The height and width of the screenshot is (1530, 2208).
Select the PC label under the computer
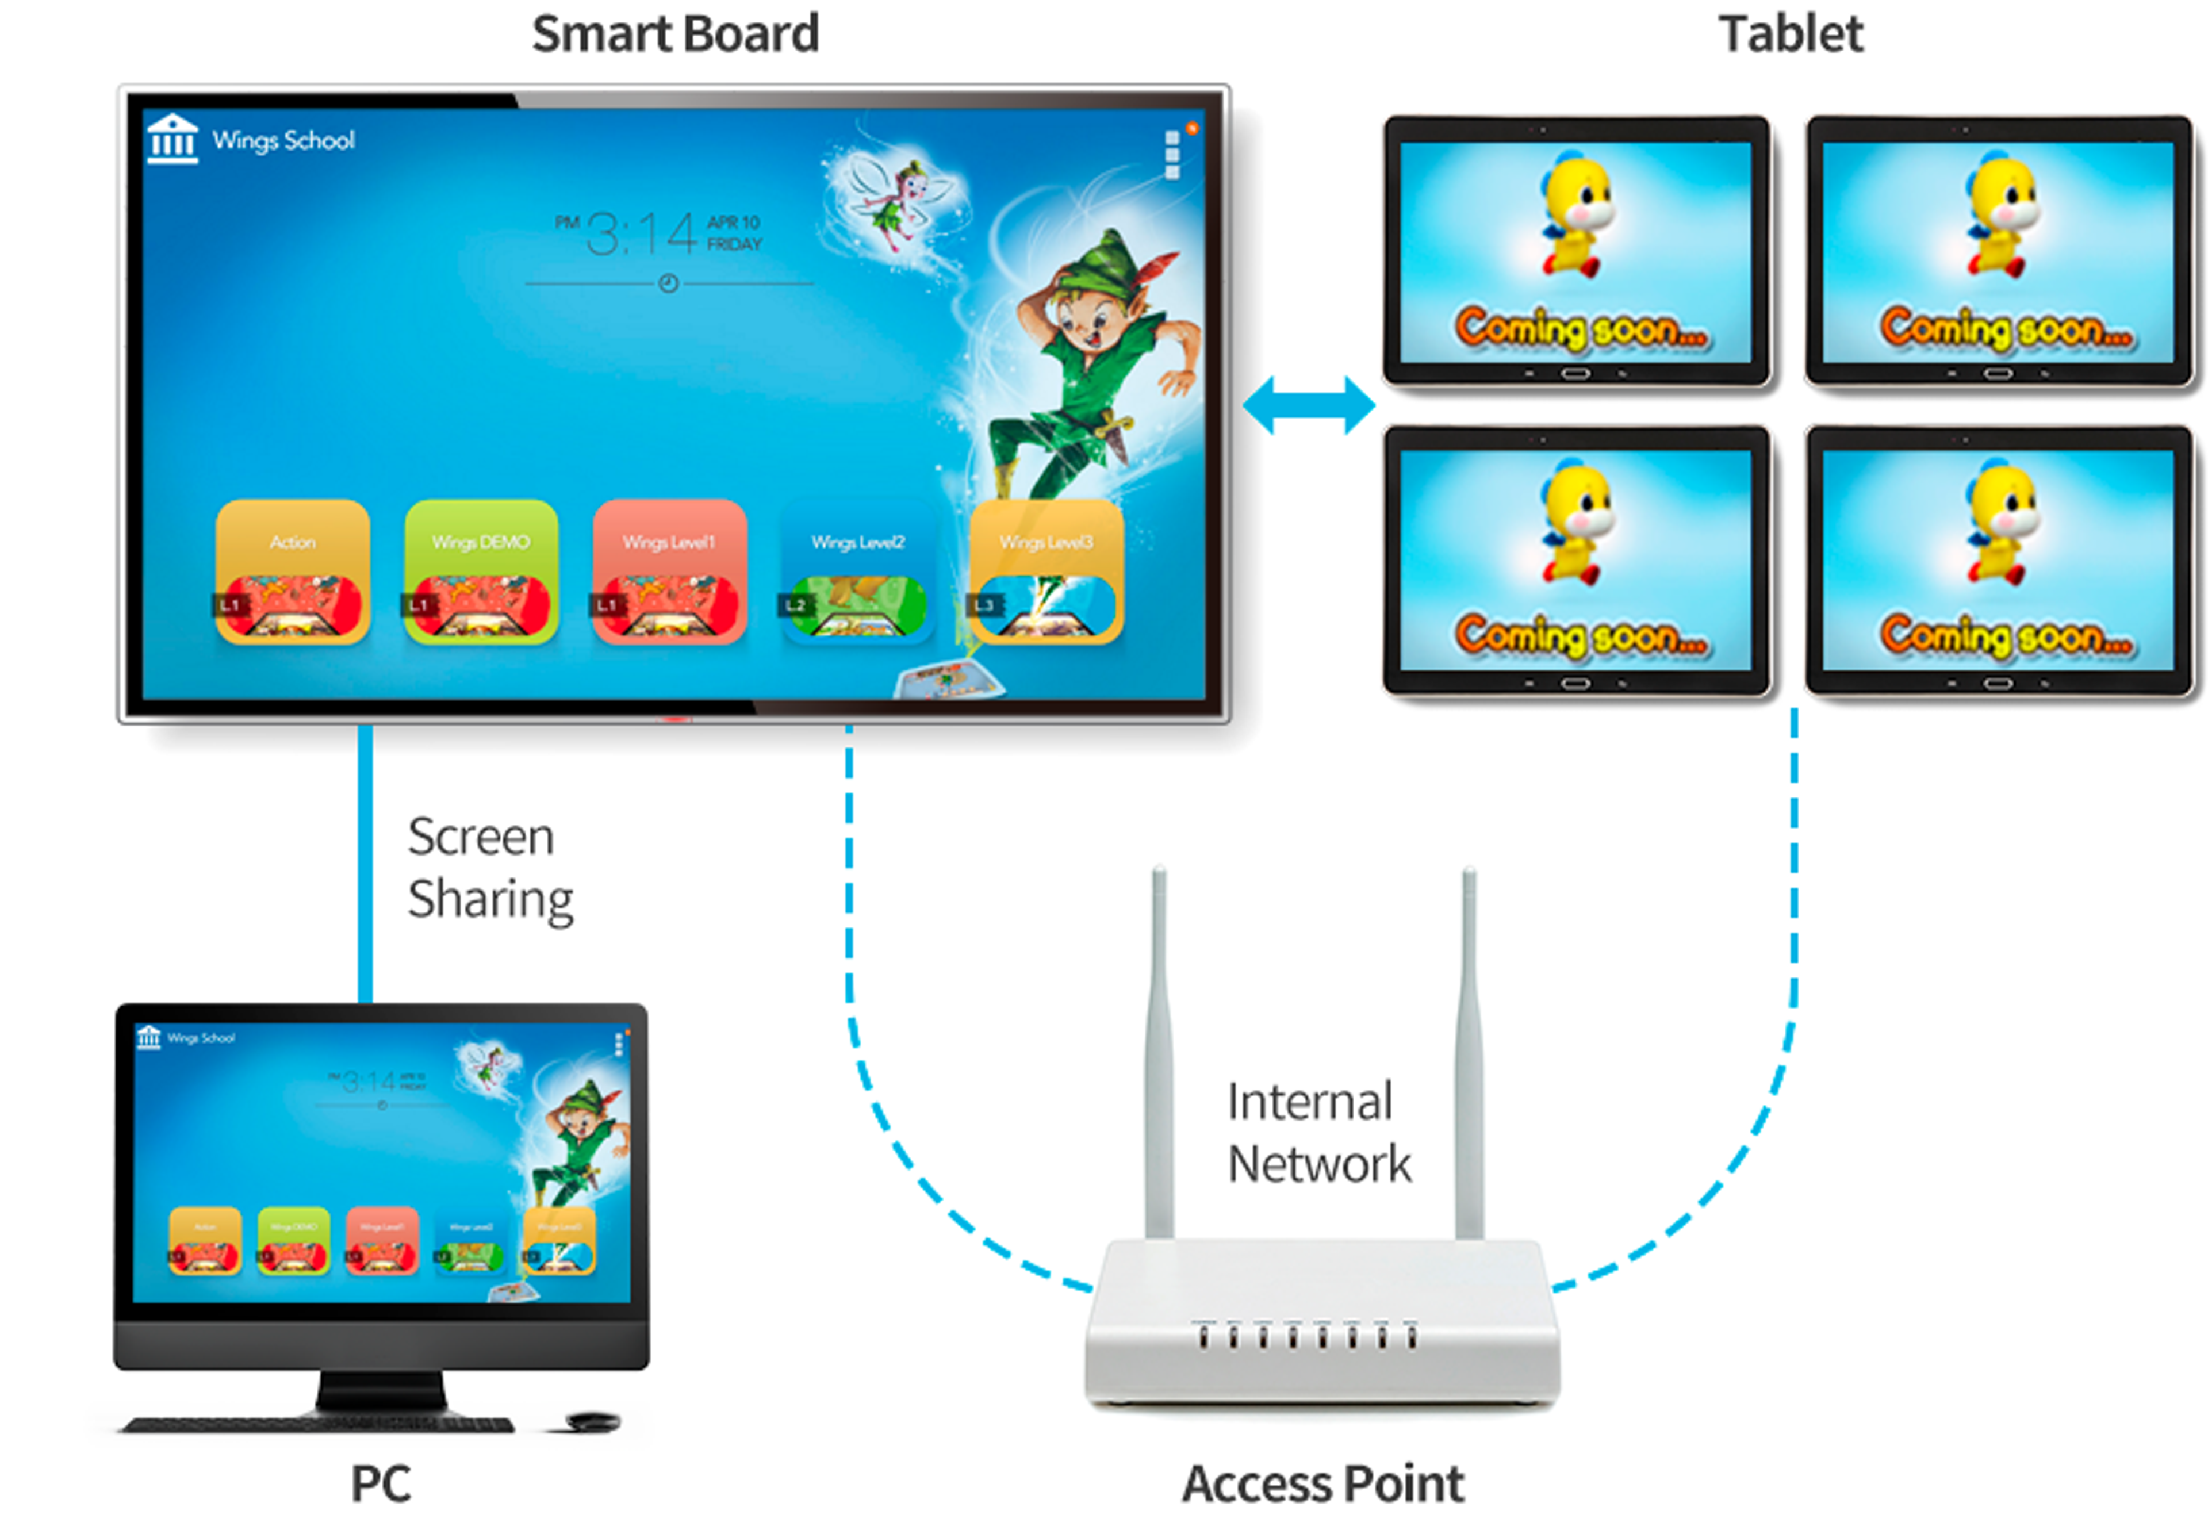click(x=381, y=1483)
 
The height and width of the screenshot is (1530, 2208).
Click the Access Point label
click(x=1323, y=1483)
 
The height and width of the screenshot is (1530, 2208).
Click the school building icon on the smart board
click(x=172, y=139)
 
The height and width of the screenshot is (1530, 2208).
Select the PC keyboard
click(x=316, y=1425)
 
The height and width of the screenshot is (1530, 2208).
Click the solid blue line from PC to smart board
click(x=365, y=863)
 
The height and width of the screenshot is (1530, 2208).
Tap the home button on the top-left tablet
click(x=1575, y=374)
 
